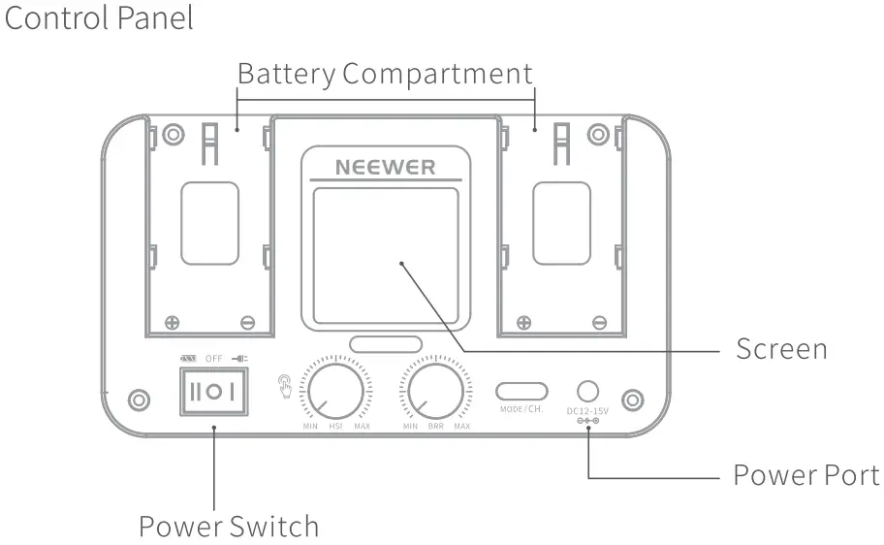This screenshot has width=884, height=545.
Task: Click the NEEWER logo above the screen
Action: [385, 166]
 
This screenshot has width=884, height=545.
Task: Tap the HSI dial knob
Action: [335, 390]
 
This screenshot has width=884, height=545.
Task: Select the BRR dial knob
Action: [435, 390]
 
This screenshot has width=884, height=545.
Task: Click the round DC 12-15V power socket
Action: [586, 391]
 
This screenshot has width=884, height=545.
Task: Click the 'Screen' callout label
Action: [781, 349]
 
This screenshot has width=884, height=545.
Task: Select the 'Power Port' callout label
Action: [805, 475]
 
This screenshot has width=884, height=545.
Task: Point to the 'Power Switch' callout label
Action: [229, 527]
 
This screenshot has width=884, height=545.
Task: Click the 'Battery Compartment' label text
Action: [385, 74]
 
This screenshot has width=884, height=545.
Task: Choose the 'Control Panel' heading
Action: [99, 17]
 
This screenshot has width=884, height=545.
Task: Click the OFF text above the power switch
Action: [213, 359]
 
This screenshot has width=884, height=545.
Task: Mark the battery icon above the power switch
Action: [188, 359]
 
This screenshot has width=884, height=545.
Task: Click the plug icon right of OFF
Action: [238, 359]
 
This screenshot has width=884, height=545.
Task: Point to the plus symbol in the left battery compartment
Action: [172, 322]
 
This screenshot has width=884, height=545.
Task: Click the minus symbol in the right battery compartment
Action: [600, 322]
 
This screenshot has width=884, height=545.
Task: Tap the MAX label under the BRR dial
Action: [461, 427]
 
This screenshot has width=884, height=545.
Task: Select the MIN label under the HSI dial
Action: [310, 427]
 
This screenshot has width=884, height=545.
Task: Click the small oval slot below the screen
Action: [386, 343]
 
